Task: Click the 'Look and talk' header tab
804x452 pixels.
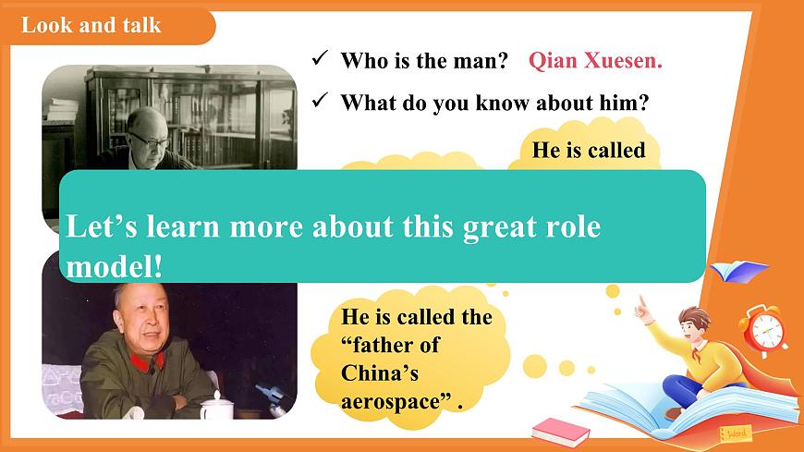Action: tap(91, 25)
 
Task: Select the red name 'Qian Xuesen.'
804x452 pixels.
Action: tap(595, 61)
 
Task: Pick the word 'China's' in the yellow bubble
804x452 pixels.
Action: tap(381, 373)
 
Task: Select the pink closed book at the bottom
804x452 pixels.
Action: tap(561, 430)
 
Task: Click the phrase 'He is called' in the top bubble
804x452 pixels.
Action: tap(589, 150)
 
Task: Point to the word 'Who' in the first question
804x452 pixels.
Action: tap(363, 61)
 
